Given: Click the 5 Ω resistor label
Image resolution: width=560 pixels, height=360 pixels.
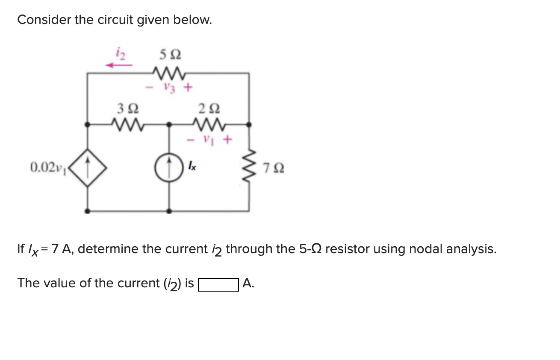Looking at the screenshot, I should (x=170, y=55).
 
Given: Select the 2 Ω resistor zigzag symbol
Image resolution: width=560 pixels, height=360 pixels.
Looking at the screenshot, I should (x=209, y=124).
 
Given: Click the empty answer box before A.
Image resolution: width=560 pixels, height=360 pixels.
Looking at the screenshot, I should (x=218, y=284).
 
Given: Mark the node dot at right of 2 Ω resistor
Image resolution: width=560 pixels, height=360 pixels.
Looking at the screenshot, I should (x=250, y=124).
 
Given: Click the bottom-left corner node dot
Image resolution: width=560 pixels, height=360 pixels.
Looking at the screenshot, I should (x=88, y=211).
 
